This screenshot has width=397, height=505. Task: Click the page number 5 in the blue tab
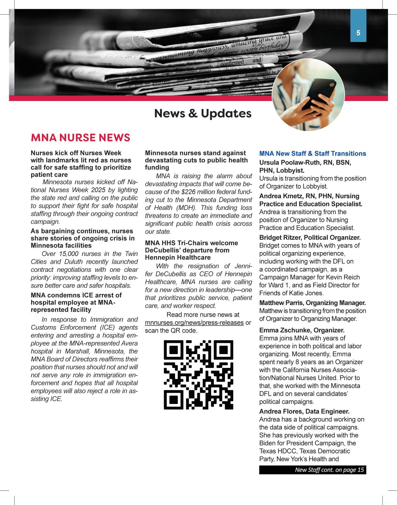click(358, 33)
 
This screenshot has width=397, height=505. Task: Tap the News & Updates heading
click(203, 113)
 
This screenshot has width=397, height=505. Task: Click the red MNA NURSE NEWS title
click(81, 138)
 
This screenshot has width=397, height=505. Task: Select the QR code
click(198, 375)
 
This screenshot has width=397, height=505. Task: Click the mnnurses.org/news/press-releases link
click(194, 323)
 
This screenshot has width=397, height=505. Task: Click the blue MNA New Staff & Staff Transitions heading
click(312, 154)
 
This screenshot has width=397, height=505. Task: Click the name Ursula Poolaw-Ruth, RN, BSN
click(305, 163)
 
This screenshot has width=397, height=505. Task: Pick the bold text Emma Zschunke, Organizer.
click(302, 330)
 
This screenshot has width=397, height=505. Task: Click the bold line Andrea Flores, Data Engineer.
click(304, 411)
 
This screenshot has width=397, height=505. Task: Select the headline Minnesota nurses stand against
click(195, 153)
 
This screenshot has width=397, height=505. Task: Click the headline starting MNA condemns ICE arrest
click(76, 295)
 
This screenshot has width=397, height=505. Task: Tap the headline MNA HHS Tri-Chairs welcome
click(191, 243)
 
